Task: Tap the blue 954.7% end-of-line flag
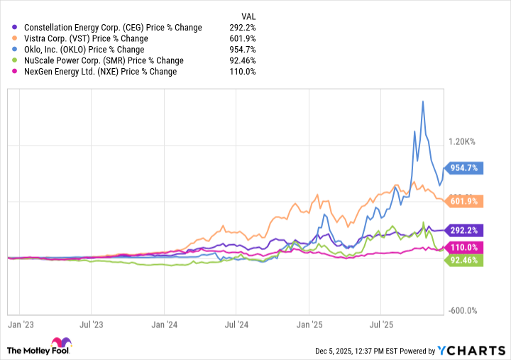pos(464,168)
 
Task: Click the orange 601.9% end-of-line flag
pos(464,201)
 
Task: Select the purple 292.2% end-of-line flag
pos(464,230)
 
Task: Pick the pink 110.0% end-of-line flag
pos(464,247)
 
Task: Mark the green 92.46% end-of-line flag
pos(464,261)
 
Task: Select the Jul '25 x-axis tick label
pos(382,324)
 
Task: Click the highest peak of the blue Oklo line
pos(423,102)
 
